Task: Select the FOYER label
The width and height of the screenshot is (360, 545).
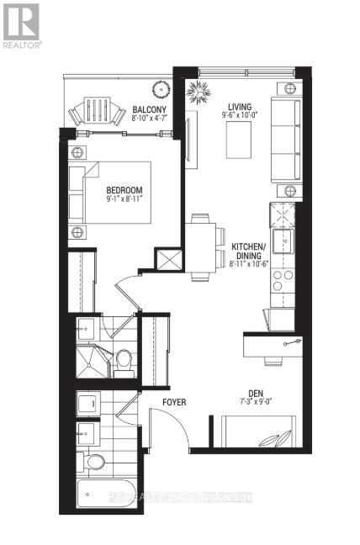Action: click(x=174, y=402)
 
